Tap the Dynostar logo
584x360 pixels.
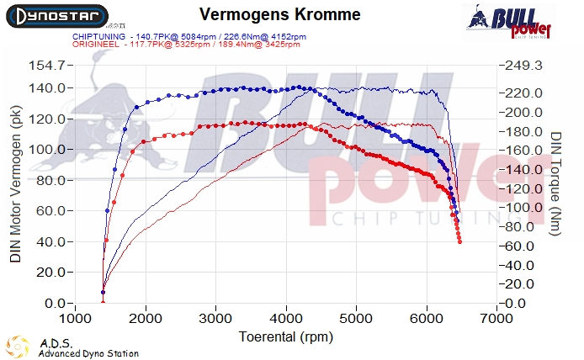coord(56,15)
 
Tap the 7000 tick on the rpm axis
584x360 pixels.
coord(497,320)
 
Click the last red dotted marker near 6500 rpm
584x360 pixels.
coord(459,241)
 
